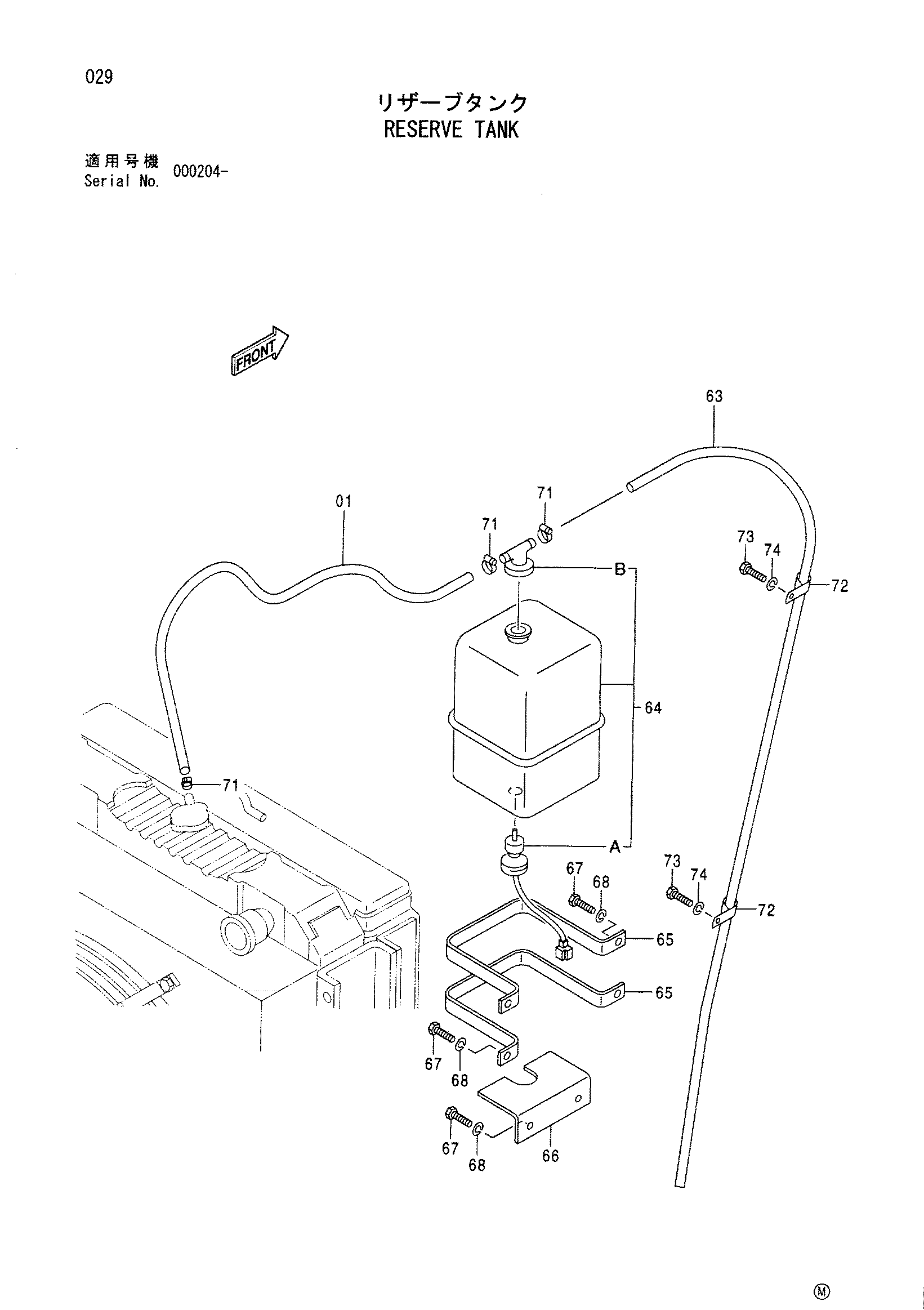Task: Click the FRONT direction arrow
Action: click(260, 351)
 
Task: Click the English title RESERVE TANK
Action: click(451, 130)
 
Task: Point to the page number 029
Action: click(99, 77)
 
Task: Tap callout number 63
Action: click(714, 396)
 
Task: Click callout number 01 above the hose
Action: click(343, 501)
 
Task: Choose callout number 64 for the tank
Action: click(653, 708)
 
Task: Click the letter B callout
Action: click(620, 569)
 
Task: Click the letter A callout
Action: click(615, 847)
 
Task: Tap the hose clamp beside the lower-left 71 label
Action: click(187, 783)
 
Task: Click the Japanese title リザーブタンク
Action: click(452, 103)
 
